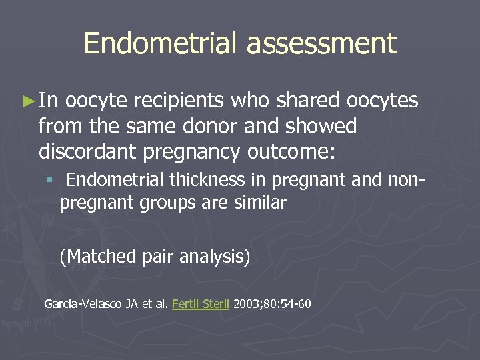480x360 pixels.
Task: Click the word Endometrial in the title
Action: point(160,44)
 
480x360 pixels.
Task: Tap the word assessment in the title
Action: point(321,44)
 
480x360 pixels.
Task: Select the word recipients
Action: point(179,101)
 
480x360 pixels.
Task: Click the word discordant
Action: point(88,151)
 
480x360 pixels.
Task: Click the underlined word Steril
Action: point(215,304)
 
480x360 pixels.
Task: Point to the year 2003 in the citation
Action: point(246,304)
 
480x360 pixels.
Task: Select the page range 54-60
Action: point(296,304)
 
